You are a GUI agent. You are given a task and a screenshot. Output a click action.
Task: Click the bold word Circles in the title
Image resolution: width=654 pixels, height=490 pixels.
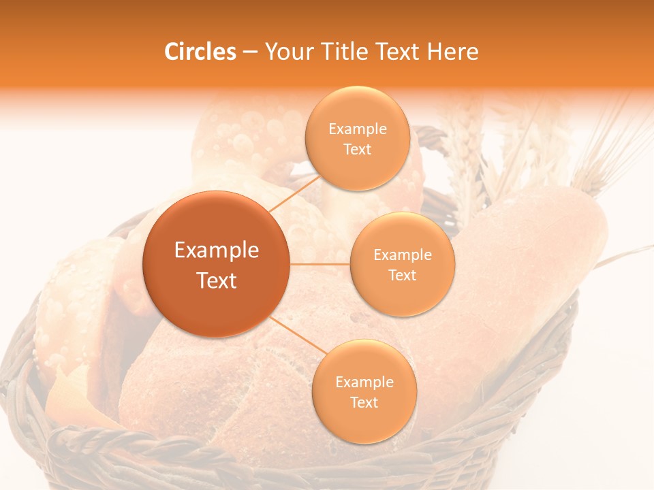pyautogui.click(x=200, y=52)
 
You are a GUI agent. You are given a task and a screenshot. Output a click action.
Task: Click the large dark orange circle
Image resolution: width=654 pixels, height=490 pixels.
pyautogui.click(x=216, y=264)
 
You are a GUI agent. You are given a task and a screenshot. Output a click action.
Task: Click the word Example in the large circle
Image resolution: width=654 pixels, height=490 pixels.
pyautogui.click(x=216, y=250)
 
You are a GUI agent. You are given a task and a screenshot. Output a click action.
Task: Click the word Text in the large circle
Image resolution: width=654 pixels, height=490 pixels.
pyautogui.click(x=216, y=280)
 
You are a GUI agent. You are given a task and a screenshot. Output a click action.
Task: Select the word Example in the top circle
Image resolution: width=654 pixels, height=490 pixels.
pyautogui.click(x=357, y=129)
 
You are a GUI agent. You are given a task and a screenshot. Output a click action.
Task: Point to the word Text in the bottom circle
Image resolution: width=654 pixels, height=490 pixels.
pyautogui.click(x=364, y=402)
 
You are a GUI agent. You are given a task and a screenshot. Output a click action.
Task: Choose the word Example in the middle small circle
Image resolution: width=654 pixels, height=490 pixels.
pyautogui.click(x=402, y=255)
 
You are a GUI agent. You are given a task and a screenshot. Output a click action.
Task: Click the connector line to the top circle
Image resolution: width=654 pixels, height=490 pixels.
pyautogui.click(x=294, y=193)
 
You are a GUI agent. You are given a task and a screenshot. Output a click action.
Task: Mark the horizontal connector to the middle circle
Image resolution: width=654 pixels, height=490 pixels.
pyautogui.click(x=320, y=263)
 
